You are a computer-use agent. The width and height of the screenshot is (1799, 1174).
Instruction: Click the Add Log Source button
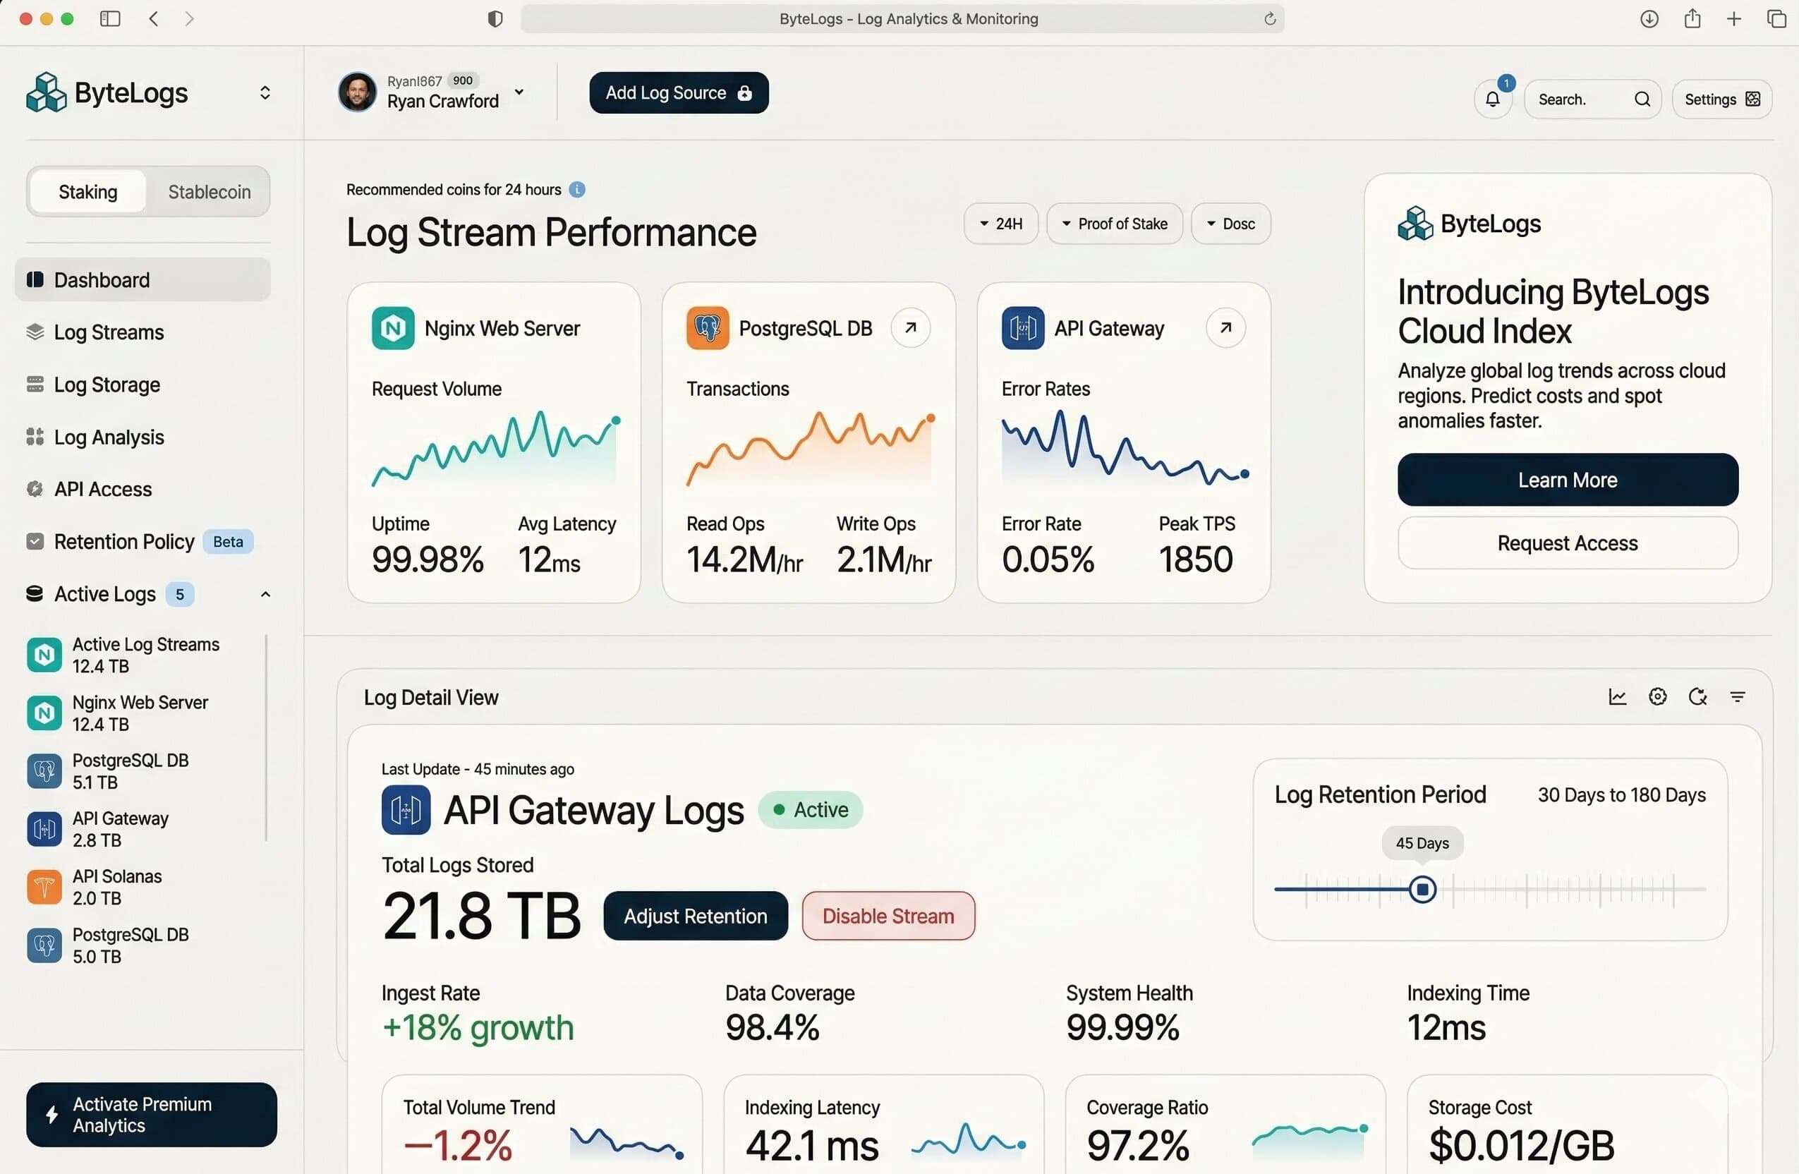point(678,93)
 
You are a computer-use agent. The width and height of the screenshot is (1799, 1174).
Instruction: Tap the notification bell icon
point(1492,99)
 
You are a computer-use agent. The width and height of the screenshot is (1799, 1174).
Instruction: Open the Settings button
point(1721,99)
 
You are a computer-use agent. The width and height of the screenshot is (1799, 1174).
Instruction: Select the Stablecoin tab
point(209,192)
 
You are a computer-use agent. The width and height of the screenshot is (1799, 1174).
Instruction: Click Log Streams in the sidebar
point(109,332)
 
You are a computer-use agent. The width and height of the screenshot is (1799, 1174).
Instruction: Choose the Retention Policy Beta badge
point(227,542)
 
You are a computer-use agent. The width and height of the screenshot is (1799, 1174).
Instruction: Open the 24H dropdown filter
point(1000,224)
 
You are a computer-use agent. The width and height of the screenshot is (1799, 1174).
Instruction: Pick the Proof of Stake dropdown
point(1114,224)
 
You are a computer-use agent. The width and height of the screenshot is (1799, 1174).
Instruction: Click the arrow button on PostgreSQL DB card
point(910,328)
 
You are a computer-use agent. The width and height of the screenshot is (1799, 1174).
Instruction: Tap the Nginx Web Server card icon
point(392,328)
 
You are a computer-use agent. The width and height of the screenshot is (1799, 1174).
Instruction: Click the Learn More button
point(1567,480)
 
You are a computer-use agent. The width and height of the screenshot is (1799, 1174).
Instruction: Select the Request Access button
point(1567,543)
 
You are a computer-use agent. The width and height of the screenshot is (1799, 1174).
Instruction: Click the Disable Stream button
point(888,916)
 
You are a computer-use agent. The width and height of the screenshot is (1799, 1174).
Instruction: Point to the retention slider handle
point(1422,890)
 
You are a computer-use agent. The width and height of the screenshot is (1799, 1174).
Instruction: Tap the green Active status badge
point(810,811)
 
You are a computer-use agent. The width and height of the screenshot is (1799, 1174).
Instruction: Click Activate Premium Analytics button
point(151,1115)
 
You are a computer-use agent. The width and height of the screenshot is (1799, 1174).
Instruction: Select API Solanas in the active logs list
point(116,888)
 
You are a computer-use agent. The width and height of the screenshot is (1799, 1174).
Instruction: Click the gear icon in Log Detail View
point(1657,697)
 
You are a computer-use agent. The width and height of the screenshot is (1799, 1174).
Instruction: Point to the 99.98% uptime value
point(427,560)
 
